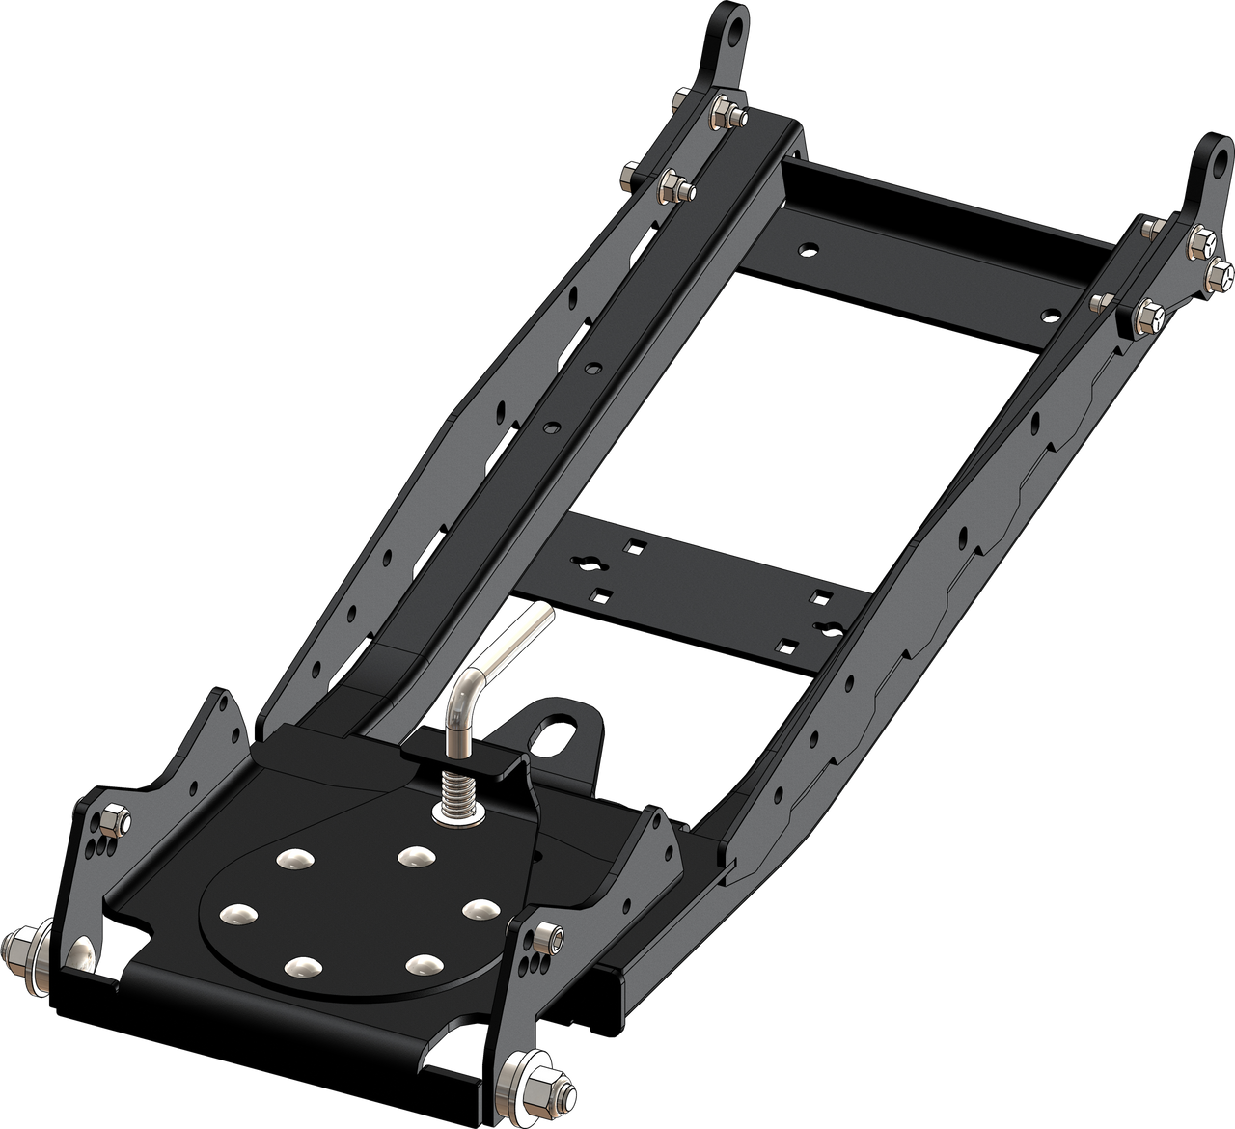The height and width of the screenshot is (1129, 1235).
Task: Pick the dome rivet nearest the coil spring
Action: point(414,854)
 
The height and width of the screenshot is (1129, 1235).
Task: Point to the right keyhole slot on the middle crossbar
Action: point(827,628)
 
